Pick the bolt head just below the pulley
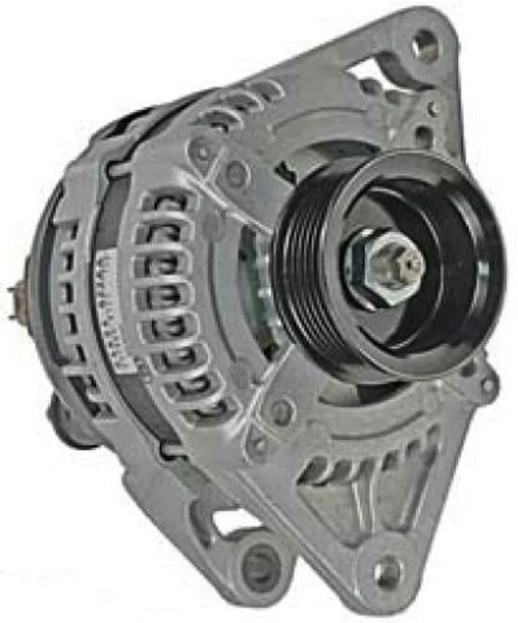click(284, 411)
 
